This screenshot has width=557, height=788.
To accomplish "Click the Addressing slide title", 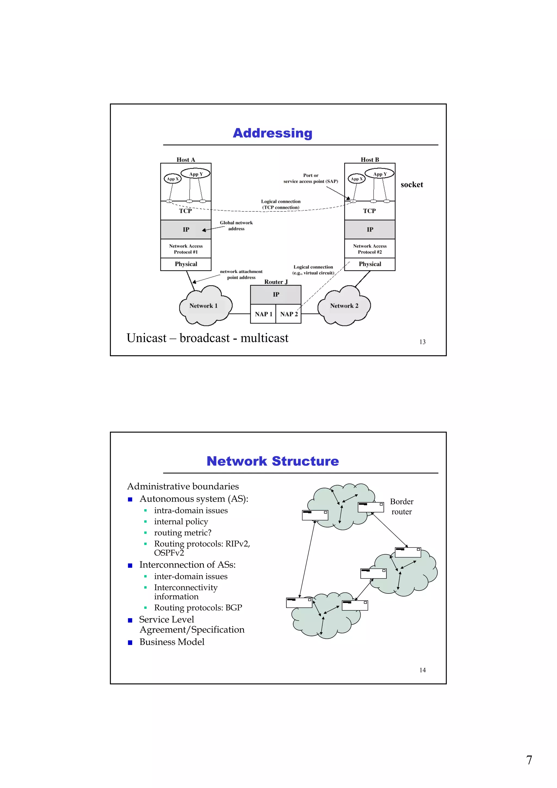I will click(273, 133).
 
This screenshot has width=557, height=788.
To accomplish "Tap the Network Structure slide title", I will click(273, 461).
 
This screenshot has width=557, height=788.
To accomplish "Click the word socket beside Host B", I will click(411, 185).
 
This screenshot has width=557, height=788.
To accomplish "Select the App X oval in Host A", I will click(172, 179).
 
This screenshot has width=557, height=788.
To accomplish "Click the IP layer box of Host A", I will click(186, 229).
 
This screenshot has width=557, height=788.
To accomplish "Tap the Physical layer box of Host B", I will click(370, 264).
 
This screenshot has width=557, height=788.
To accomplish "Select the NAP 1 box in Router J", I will click(263, 314).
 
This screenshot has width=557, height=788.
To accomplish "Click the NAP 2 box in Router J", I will click(289, 314).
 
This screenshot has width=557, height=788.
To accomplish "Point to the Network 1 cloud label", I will click(203, 306).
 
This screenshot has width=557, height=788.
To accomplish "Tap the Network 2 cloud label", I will click(344, 306).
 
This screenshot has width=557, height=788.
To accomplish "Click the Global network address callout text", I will click(236, 225).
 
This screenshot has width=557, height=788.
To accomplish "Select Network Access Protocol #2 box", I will click(370, 249).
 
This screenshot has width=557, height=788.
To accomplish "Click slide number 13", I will click(422, 342).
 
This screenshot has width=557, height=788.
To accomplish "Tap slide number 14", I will click(422, 670).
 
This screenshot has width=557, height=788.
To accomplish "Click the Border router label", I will click(401, 506).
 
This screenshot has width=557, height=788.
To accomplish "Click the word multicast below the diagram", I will click(264, 338).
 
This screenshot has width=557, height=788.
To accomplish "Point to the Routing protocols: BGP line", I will click(198, 607).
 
